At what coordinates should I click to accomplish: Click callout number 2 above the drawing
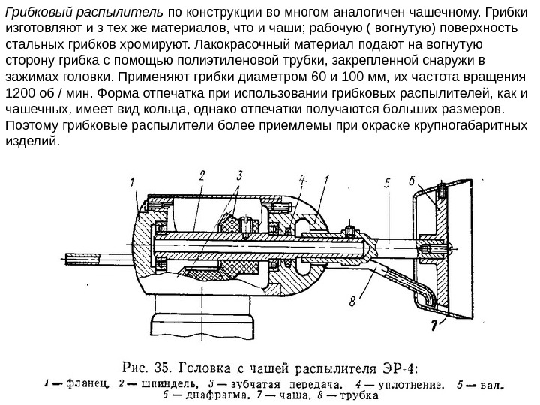tap(203, 176)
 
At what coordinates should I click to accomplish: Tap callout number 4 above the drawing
tap(302, 180)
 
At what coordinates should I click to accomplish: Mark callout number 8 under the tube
tap(352, 302)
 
